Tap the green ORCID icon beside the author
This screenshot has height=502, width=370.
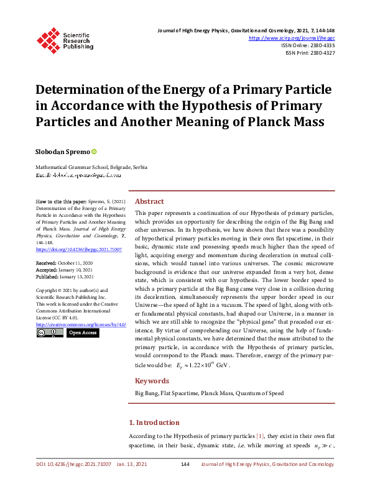(x=95, y=152)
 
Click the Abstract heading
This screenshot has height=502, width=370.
(x=149, y=201)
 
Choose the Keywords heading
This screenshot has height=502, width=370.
(x=152, y=381)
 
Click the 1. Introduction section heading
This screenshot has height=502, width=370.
(x=157, y=422)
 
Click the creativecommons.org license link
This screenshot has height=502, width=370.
(x=81, y=324)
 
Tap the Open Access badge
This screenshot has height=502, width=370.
(x=82, y=333)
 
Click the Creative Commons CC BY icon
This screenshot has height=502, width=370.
(x=49, y=333)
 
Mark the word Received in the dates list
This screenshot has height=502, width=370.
(x=45, y=263)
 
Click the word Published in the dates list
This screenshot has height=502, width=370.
(x=46, y=276)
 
